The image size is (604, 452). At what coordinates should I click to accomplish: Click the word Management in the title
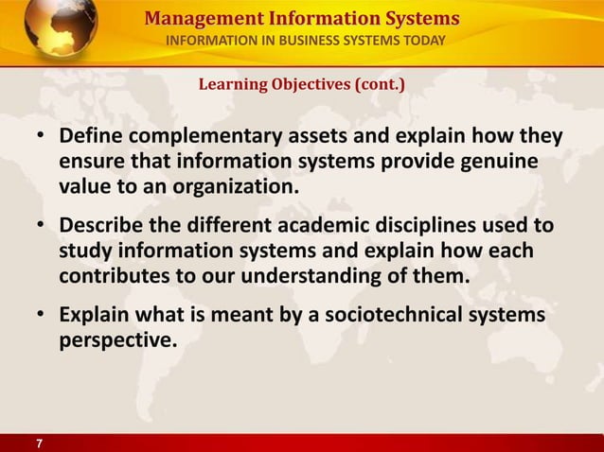click(193, 18)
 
